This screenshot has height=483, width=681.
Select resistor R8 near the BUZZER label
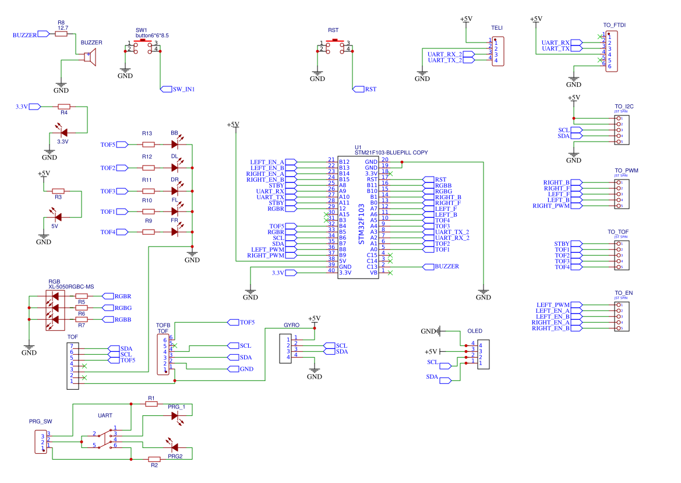(61, 34)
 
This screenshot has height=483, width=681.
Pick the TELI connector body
(498, 51)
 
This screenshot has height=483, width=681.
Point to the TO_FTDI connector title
(614, 25)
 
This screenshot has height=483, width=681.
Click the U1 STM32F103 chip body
(358, 217)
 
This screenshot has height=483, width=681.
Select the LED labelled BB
(174, 144)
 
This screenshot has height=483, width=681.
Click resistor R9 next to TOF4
(149, 232)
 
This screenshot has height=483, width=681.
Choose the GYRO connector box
(285, 348)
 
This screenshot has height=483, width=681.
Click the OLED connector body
(484, 354)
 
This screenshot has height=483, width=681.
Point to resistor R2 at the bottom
(154, 459)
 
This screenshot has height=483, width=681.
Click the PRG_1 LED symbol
(175, 415)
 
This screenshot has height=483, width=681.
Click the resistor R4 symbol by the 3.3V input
(64, 107)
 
